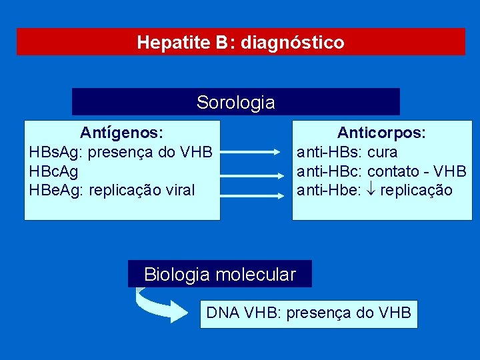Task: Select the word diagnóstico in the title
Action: (x=293, y=43)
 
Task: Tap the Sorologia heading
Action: (x=235, y=103)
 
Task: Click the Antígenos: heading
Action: (x=122, y=133)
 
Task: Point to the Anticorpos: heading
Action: (x=381, y=133)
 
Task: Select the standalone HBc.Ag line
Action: (x=53, y=171)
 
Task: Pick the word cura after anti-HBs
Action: (x=382, y=152)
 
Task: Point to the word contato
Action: (x=393, y=171)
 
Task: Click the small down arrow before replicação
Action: (x=371, y=191)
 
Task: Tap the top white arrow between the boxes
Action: (x=250, y=153)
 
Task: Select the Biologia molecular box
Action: (x=219, y=274)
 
